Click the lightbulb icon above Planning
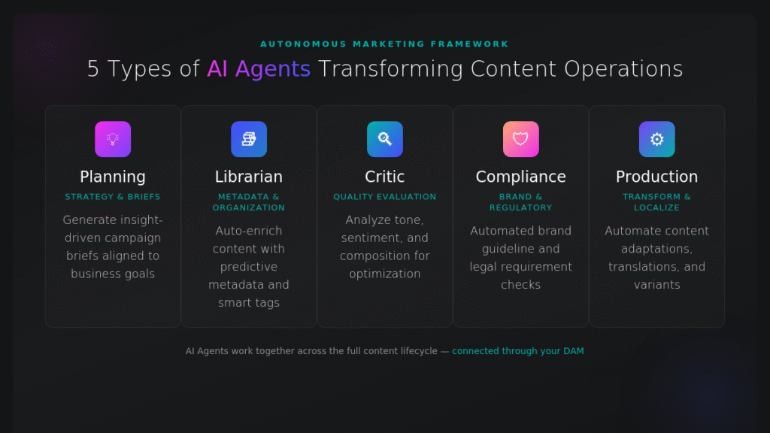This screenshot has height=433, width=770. (x=113, y=139)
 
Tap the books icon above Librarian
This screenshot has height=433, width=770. (x=249, y=139)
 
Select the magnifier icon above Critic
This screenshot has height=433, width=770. (x=385, y=139)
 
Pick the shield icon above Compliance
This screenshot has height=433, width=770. (x=521, y=139)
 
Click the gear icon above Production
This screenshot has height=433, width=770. (x=657, y=139)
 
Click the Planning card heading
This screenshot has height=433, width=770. (x=113, y=177)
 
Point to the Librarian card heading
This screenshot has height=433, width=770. (x=249, y=177)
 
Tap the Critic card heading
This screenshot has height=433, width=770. (x=385, y=177)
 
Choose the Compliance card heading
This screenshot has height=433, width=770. (x=521, y=177)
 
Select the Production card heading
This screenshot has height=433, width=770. (x=657, y=177)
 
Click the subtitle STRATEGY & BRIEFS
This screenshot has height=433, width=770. (x=113, y=197)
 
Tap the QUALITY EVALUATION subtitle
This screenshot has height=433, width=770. (x=385, y=197)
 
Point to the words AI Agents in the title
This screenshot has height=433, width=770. (x=259, y=69)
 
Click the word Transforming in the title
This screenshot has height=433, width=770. (x=390, y=69)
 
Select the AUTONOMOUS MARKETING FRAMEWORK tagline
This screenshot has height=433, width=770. (x=385, y=44)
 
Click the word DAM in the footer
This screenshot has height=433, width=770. (x=573, y=351)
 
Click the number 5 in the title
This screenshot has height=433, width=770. (x=93, y=69)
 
